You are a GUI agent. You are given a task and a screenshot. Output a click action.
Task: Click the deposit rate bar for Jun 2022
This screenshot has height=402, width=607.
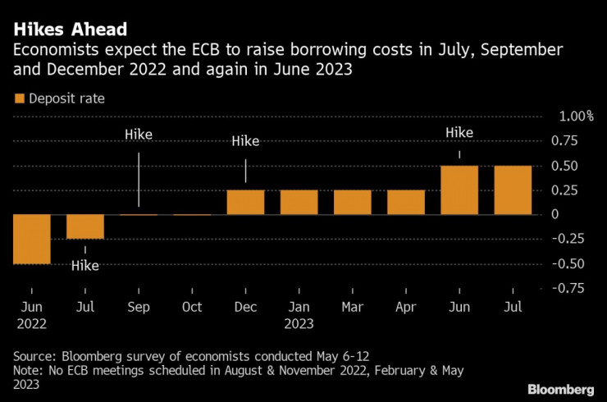(31, 239)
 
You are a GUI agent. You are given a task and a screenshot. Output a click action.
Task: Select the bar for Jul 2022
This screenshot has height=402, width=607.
(85, 226)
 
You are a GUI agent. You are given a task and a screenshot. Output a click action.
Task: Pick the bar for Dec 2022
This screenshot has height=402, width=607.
(245, 202)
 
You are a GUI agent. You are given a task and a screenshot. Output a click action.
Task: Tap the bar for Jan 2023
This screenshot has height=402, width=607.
(299, 202)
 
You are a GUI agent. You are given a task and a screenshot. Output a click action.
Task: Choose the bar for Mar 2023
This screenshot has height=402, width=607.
(353, 202)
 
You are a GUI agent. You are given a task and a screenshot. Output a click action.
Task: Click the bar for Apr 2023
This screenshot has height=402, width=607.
(406, 202)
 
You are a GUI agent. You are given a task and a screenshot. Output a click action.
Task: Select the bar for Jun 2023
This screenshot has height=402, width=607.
(459, 190)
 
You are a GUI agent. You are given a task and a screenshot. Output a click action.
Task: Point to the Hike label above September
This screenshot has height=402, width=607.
(138, 135)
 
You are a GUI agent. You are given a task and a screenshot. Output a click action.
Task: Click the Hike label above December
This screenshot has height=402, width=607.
(245, 141)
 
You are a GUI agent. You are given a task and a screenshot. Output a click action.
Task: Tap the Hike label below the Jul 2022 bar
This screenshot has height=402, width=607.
(85, 265)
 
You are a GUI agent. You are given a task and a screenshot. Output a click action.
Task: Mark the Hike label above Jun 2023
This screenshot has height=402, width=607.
(459, 132)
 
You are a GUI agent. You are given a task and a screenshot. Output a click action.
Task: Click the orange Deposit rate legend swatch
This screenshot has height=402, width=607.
(19, 98)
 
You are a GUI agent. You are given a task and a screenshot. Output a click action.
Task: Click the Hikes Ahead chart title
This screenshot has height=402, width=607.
(70, 30)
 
